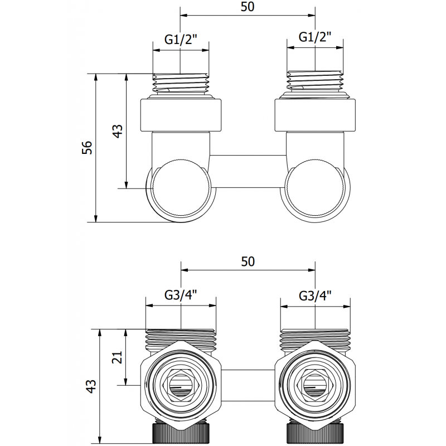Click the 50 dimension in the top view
(248, 8)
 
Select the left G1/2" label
(181, 39)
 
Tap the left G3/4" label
(181, 295)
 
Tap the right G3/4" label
(316, 295)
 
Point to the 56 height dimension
(86, 147)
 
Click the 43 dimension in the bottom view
(91, 385)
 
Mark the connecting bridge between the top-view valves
(248, 162)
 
